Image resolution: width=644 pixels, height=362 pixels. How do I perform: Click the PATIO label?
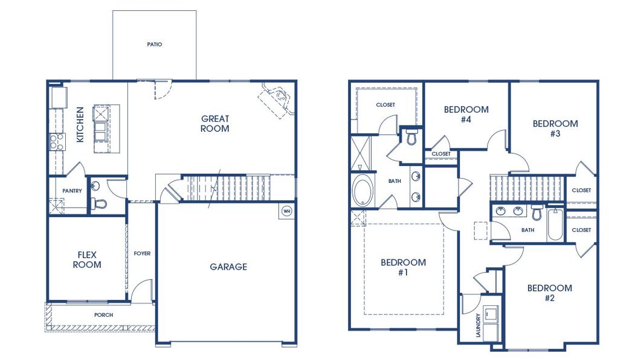coord(155,44)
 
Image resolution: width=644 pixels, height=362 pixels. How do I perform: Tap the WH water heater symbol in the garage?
coord(286,211)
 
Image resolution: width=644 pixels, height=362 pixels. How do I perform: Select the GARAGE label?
coord(228,267)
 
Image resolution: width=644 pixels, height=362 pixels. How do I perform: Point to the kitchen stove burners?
coord(56,142)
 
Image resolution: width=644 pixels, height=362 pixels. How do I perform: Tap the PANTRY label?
coord(72,191)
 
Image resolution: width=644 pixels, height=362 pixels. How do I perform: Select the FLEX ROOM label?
coord(87,259)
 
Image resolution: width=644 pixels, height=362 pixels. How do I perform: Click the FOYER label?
coord(142,253)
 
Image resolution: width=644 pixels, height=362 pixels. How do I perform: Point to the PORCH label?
coord(103,315)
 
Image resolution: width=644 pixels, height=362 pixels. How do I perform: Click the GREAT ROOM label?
coord(215,124)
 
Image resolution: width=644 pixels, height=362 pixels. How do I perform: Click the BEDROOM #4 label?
coord(466,114)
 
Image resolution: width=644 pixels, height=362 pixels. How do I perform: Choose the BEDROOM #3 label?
coord(555,129)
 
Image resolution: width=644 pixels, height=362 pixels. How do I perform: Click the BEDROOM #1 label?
coord(403,267)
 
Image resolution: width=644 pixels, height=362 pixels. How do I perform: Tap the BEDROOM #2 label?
coord(549,293)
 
